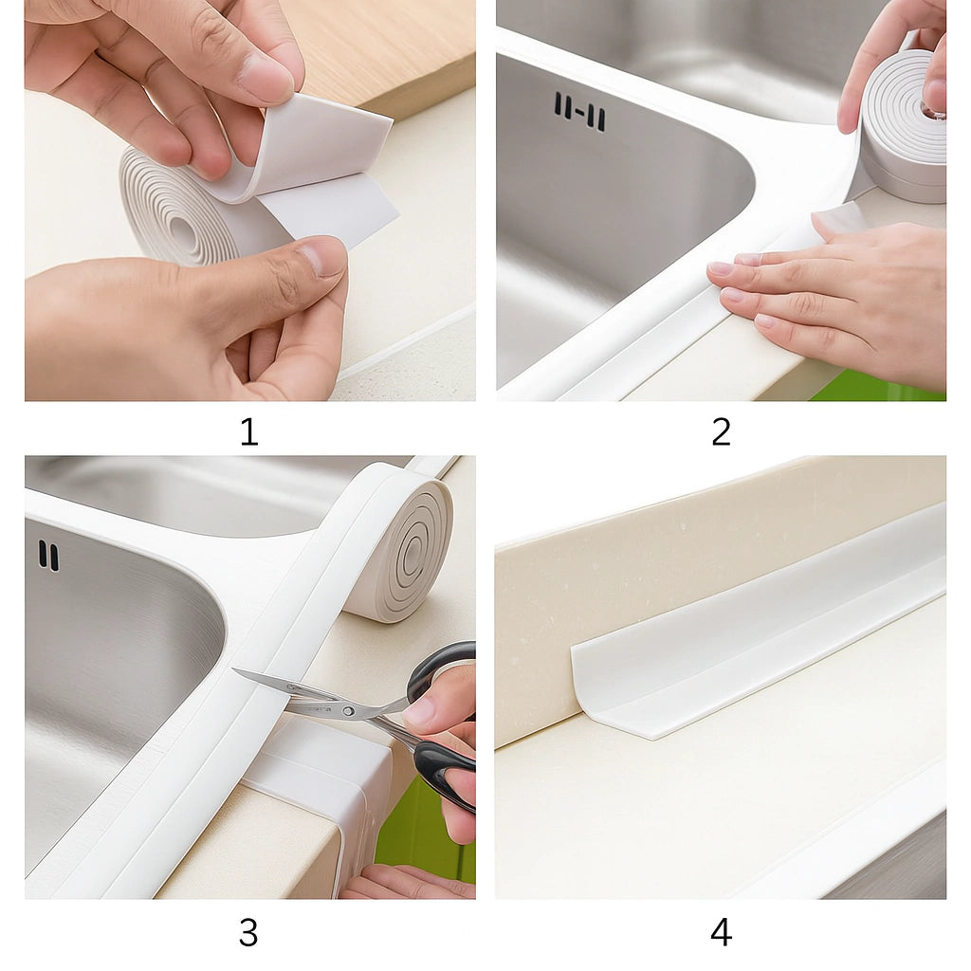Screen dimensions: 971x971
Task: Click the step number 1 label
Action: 249,431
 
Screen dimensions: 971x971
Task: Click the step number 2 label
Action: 721,431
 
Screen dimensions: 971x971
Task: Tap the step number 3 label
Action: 248,932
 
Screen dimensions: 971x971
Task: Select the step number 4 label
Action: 721,932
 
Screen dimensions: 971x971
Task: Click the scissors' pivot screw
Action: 349,711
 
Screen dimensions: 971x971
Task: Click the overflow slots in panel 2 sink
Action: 579,112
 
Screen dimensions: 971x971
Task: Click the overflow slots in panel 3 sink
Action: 49,556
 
